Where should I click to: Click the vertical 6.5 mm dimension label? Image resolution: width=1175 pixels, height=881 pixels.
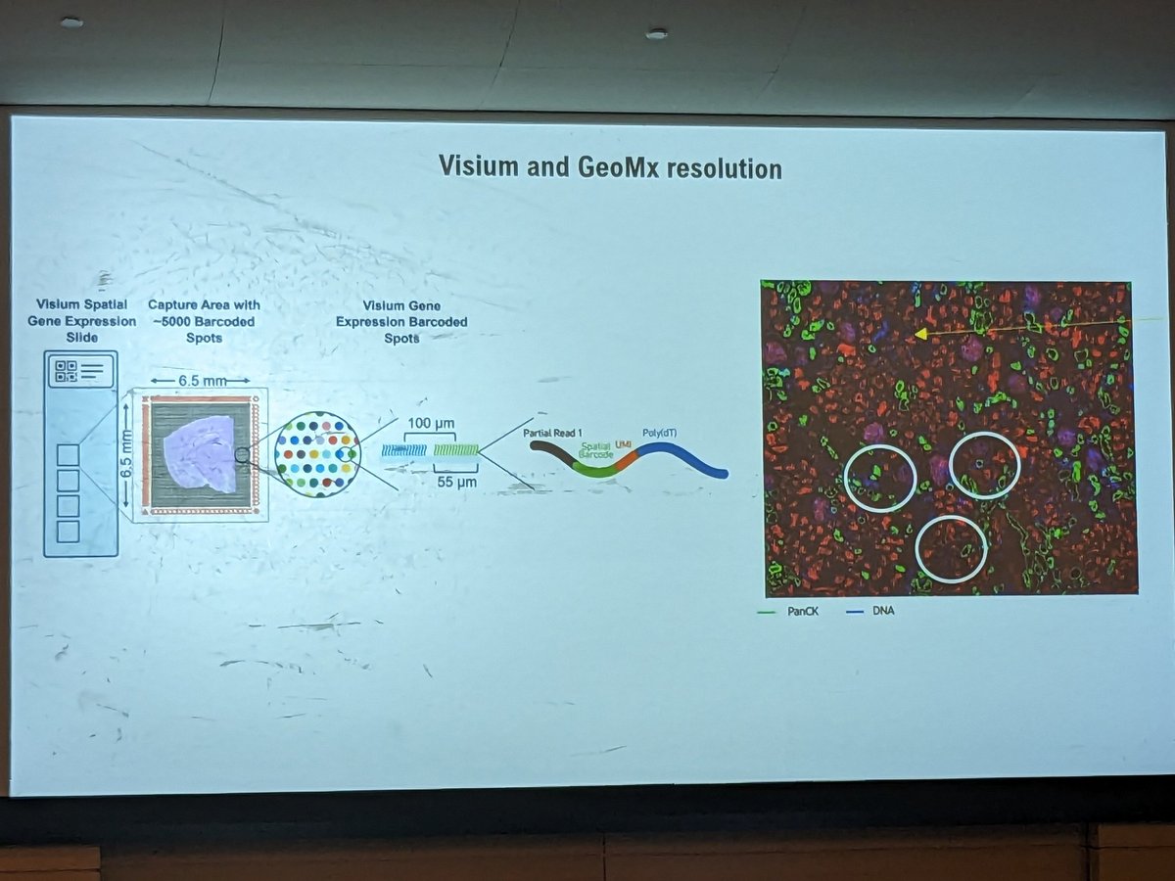pyautogui.click(x=124, y=451)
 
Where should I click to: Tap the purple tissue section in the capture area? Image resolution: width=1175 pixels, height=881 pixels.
pyautogui.click(x=200, y=453)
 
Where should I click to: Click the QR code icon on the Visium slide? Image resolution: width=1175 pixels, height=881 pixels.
pyautogui.click(x=67, y=371)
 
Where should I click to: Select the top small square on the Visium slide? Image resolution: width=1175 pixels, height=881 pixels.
pyautogui.click(x=68, y=455)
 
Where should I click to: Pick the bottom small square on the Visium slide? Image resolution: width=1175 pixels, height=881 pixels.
pyautogui.click(x=68, y=531)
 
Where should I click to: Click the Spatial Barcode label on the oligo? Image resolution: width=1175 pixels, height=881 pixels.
pyautogui.click(x=595, y=450)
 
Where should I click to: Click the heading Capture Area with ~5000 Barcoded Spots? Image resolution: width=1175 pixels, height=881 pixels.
pyautogui.click(x=204, y=321)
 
